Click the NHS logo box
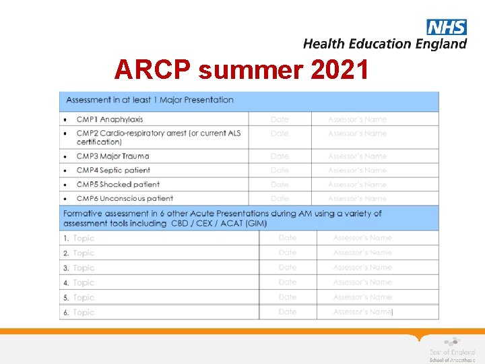coord(446,27)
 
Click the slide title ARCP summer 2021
coord(242,69)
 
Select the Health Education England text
coord(385,44)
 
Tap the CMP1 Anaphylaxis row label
coord(110,119)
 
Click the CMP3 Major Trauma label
coord(112,156)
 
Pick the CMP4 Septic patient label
coord(113,171)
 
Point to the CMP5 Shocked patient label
coord(118,185)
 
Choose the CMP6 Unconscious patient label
coord(125,199)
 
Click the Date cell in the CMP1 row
coord(280,119)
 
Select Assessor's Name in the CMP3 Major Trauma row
coord(357,156)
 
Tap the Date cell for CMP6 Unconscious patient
coord(280,199)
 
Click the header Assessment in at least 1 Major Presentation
coord(150,100)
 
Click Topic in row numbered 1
coord(84,239)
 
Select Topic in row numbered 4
coord(84,283)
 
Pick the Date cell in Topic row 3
coord(288,268)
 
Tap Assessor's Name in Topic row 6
coord(362,312)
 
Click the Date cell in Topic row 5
coord(288,297)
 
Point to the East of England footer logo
coord(451,350)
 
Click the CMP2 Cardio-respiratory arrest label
coord(158,138)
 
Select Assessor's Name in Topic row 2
coord(362,253)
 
